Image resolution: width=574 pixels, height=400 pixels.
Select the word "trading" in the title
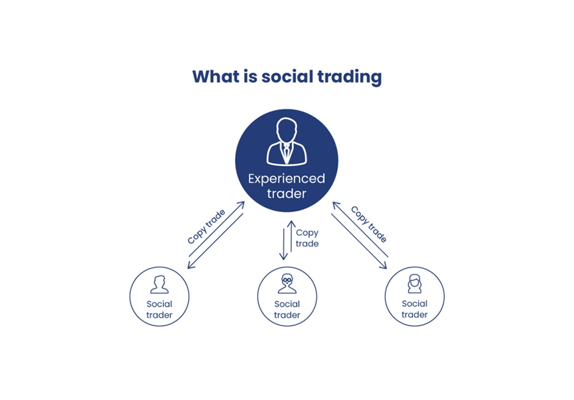coord(350,78)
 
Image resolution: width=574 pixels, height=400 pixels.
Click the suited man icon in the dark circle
coord(286,141)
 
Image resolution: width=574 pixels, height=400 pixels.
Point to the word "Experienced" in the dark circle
coord(286,178)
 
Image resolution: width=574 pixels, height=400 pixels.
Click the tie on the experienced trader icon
coord(286,153)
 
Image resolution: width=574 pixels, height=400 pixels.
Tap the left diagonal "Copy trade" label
coord(206,227)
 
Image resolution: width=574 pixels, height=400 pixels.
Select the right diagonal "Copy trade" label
coord(369,224)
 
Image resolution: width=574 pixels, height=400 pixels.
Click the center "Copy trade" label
coord(307,238)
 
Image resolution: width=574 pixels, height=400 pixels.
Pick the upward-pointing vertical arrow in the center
coord(291,236)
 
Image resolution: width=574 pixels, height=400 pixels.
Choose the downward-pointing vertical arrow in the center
coord(283,244)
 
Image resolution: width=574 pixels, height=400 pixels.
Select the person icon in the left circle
coord(159,285)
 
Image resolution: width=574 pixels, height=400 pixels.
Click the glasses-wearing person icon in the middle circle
coord(287,283)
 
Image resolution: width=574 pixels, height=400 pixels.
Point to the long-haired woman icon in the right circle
coord(415,283)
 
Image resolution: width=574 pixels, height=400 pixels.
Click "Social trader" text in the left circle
coord(159,309)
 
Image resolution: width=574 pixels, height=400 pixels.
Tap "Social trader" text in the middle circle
coord(287,309)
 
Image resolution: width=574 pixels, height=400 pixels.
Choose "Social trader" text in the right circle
coord(415,309)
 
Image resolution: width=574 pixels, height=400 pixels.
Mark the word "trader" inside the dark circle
coord(286,194)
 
